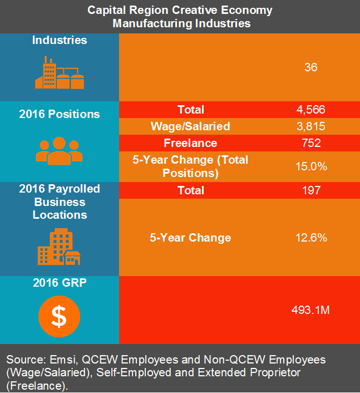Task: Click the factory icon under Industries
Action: pos(59,73)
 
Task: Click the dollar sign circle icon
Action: pos(59,316)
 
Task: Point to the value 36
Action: pos(310,67)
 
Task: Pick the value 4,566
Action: pos(310,110)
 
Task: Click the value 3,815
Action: pos(310,126)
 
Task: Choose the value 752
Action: pos(310,143)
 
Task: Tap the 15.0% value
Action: pos(310,166)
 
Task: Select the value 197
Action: pos(310,190)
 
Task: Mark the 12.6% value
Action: pos(310,238)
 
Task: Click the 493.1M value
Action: pos(310,310)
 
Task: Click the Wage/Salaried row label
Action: pos(190,126)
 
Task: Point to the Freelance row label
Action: pos(190,143)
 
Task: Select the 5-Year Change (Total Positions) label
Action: pos(190,166)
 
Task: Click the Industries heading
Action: pos(59,40)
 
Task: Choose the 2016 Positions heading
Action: pos(59,114)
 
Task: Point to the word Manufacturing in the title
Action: pos(150,23)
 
